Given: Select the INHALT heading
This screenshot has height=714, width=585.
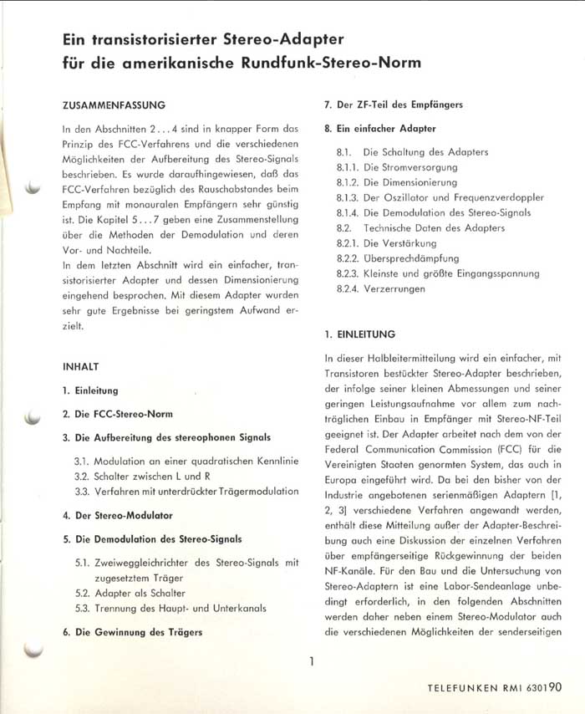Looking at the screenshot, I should tap(81, 366).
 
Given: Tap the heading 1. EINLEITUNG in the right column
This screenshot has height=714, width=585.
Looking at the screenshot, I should tap(359, 334).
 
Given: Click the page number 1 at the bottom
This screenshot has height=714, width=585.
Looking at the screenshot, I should tap(311, 662).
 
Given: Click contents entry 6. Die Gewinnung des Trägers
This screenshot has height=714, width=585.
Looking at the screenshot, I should tap(132, 632).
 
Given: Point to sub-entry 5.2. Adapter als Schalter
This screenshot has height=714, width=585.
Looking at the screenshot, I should tap(142, 593).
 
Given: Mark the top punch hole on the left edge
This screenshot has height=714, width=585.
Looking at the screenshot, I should tap(33, 187).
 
